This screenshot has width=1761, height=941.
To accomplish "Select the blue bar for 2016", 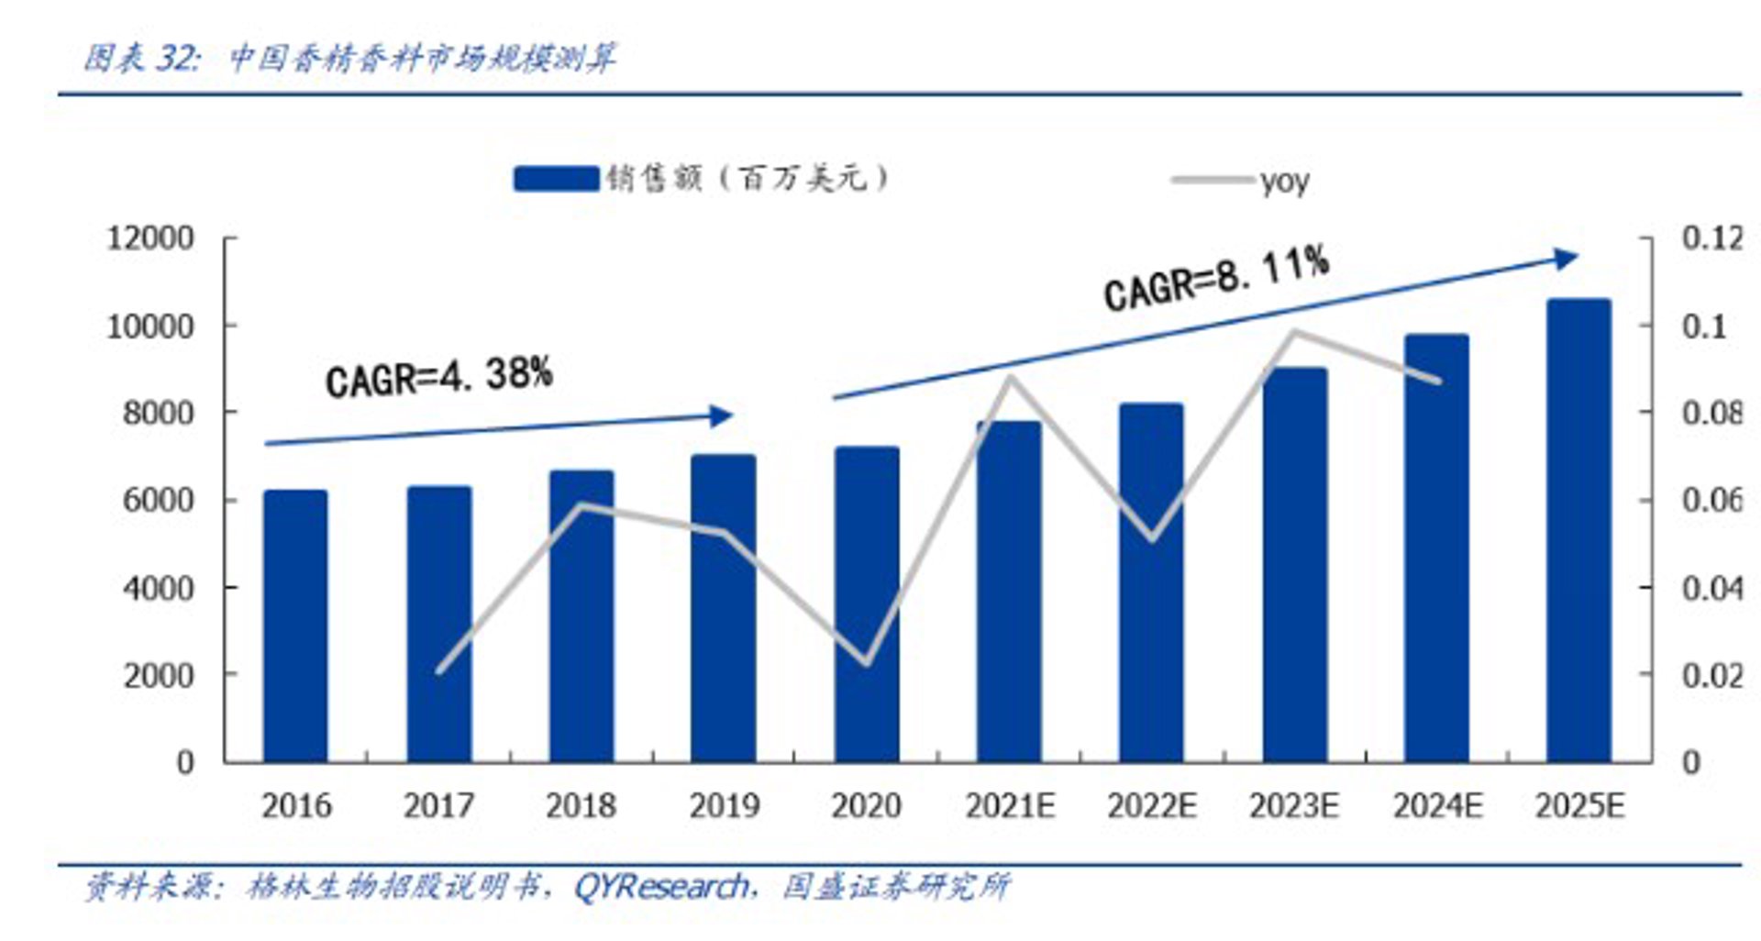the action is coord(295,626).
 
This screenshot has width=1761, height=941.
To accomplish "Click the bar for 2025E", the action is coord(1578,530).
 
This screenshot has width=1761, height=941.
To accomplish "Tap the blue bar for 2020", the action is coord(867,604).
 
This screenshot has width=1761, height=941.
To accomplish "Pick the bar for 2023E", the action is coord(1294,565).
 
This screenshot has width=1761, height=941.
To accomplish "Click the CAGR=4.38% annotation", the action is coord(439,377).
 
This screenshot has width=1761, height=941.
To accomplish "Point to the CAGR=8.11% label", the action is coord(1217,279).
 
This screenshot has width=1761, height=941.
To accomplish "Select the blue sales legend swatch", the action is coord(556,178).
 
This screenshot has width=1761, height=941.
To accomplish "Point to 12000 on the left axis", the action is coord(150,238).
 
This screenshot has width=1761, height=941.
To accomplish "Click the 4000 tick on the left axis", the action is coord(158,588).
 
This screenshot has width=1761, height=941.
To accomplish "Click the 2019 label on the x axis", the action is coord(725,806).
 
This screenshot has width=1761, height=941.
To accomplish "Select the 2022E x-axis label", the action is coord(1152,806).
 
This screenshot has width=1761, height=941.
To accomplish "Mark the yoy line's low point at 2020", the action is coord(866,663).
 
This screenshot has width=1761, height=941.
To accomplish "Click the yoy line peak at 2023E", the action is coord(1294,331).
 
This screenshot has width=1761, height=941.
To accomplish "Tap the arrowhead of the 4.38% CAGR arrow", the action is coord(724,416).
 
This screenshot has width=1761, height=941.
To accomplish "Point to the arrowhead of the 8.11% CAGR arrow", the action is coord(1567,259).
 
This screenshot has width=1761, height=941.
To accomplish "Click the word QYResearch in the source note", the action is coord(661,887).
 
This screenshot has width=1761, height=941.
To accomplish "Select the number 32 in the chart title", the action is coord(174,59).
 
